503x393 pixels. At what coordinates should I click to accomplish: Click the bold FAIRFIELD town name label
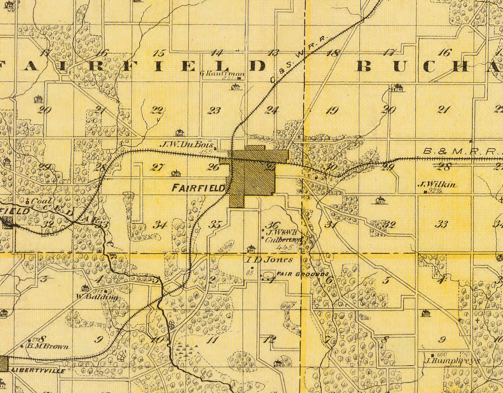click(198, 188)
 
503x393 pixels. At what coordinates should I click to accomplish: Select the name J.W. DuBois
click(187, 145)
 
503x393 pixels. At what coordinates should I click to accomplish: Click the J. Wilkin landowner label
click(433, 184)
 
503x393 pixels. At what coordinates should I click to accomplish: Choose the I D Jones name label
click(269, 260)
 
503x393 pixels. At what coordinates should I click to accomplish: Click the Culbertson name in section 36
click(284, 240)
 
